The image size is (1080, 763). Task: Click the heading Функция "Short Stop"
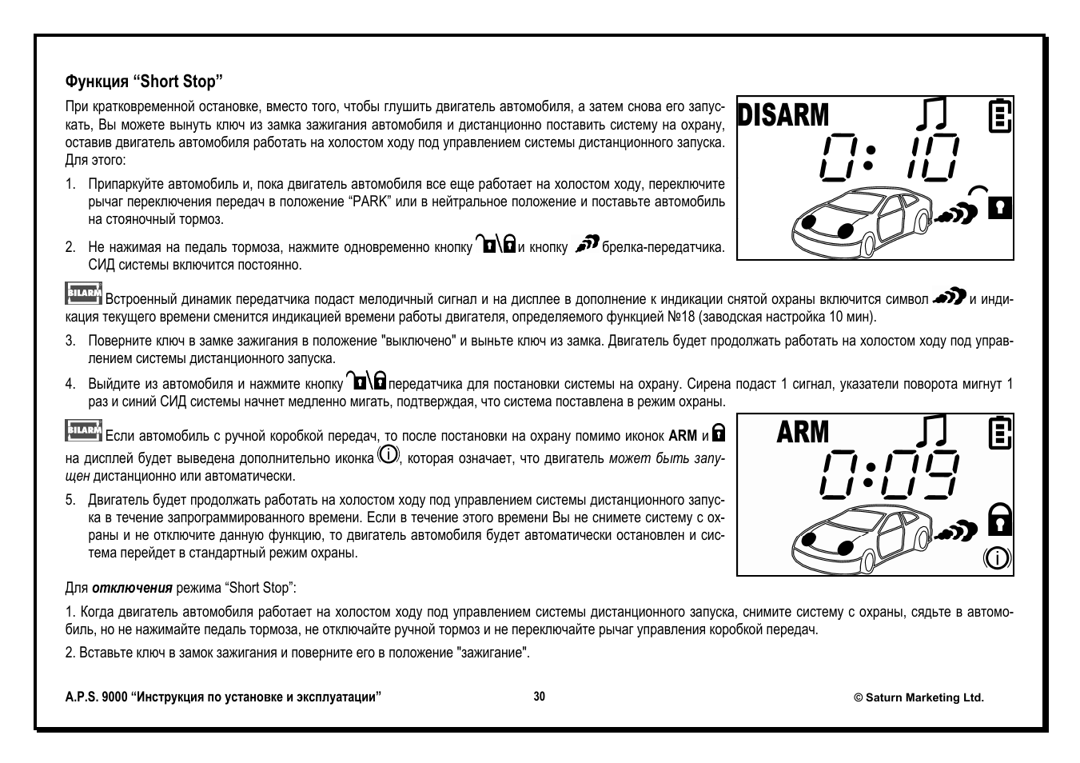click(x=143, y=82)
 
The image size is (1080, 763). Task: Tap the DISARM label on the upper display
click(x=783, y=115)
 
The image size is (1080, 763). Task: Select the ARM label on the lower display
click(x=803, y=432)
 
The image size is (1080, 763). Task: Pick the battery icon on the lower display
click(x=999, y=432)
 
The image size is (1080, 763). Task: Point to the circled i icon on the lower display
click(x=996, y=557)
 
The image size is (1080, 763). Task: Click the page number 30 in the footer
click(x=540, y=697)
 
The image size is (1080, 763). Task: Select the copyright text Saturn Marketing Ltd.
click(x=919, y=697)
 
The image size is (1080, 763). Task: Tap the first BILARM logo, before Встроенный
click(x=83, y=294)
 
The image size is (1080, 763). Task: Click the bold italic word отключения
click(x=132, y=588)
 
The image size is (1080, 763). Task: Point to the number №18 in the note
click(x=682, y=317)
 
